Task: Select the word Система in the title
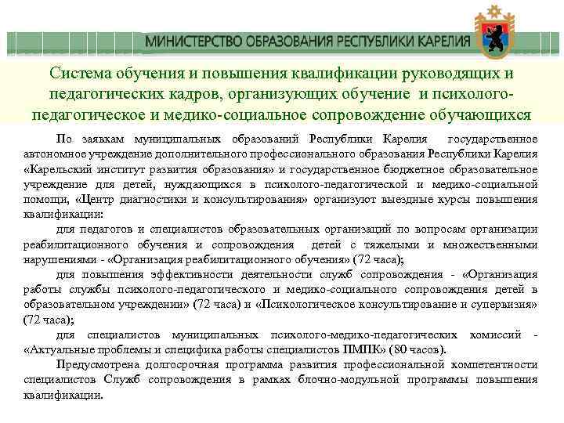pos(82,74)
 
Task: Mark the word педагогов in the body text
pos(100,230)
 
